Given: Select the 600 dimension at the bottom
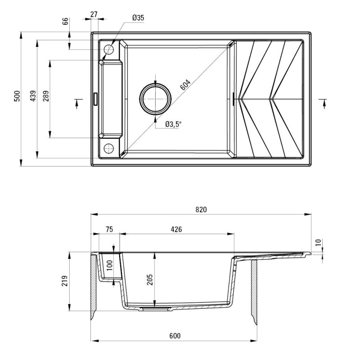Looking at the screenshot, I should [175, 335].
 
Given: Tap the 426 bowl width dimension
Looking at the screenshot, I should [176, 229].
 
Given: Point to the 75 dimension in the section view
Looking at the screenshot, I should [108, 229].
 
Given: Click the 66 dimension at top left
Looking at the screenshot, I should [65, 21].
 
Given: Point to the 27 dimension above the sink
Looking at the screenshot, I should [94, 14].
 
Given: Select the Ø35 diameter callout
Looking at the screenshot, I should [138, 18].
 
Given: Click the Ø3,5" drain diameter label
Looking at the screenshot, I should [173, 125].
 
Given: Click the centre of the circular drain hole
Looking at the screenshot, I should [155, 99].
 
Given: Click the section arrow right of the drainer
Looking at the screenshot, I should [324, 103].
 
